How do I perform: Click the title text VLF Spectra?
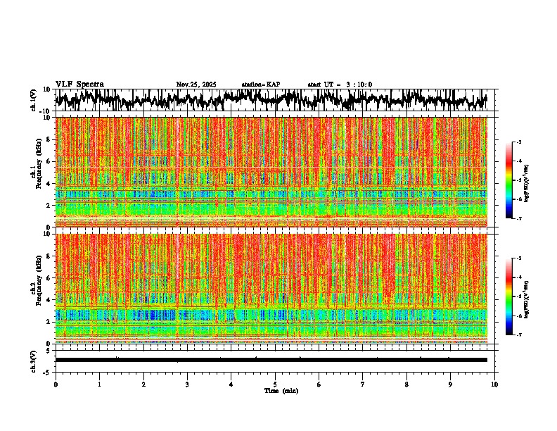point(79,84)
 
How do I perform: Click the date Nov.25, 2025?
point(196,85)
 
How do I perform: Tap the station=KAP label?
point(261,85)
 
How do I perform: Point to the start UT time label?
point(340,85)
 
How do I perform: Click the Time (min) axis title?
point(275,391)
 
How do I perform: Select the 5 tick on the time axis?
point(275,385)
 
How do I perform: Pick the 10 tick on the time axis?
point(494,385)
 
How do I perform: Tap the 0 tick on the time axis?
point(56,385)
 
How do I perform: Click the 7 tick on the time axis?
point(363,385)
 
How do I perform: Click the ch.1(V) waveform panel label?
point(34,100)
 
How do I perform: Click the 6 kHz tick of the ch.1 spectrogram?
point(49,161)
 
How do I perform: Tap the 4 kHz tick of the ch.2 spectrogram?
point(49,299)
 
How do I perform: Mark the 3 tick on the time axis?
point(187,385)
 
